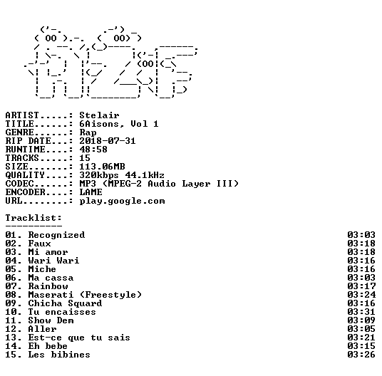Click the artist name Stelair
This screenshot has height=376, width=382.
point(99,115)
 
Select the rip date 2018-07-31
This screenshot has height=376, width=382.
point(108,141)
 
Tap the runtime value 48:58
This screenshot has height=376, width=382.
point(93,150)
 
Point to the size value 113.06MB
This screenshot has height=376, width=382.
point(102,167)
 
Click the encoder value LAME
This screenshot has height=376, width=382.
point(91,192)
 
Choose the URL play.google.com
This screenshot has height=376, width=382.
point(122,202)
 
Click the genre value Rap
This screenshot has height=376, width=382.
point(88,132)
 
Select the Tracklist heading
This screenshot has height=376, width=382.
point(33,218)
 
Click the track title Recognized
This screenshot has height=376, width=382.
point(56,235)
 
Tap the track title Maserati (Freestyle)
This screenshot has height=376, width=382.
point(85,295)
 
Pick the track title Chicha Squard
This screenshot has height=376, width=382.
point(65,303)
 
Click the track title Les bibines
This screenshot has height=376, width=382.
point(59,355)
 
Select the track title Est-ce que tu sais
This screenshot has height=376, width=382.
point(79,338)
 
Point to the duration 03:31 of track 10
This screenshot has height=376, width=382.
point(361,312)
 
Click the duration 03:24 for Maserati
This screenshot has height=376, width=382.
point(361,295)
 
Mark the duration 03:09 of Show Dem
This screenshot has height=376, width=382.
point(361,320)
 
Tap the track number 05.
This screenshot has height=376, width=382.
point(11,269)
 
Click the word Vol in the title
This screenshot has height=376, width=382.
point(139,124)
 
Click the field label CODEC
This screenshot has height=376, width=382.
point(19,184)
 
